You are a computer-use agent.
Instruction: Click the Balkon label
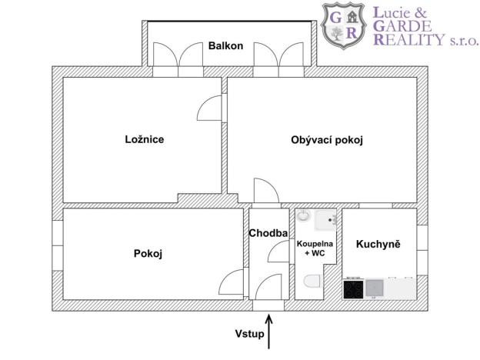[x=225, y=46]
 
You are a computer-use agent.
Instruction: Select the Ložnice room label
[x=145, y=140]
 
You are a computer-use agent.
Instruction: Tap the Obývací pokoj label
[x=326, y=140]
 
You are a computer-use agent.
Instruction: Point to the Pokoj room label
[x=148, y=253]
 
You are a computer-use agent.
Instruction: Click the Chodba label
[x=268, y=233]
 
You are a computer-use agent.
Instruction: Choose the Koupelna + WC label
[x=315, y=248]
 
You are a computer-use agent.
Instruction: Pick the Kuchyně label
[x=378, y=244]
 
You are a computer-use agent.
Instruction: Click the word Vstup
[x=251, y=334]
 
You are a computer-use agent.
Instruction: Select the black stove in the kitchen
[x=353, y=289]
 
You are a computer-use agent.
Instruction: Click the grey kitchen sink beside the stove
[x=375, y=288]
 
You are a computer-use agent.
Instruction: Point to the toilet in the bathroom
[x=312, y=284]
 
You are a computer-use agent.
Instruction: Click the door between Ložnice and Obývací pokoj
[x=212, y=110]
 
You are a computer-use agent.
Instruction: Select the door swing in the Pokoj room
[x=230, y=282]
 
